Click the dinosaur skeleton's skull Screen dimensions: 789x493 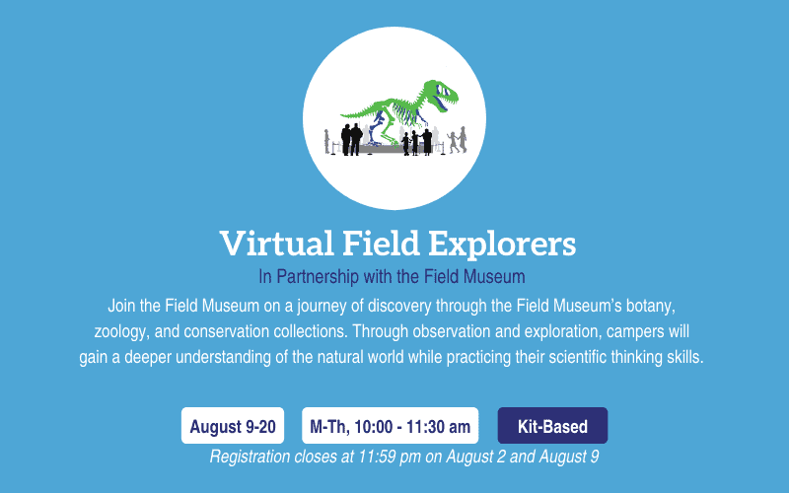(441, 96)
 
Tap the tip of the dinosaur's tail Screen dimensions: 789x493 (341, 114)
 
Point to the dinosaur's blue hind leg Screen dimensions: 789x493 (377, 128)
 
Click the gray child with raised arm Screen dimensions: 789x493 (453, 141)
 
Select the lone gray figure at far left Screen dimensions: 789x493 (327, 141)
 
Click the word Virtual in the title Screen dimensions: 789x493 (276, 243)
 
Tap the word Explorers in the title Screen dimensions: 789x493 (502, 244)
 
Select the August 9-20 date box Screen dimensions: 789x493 (233, 426)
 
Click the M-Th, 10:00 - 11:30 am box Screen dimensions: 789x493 (390, 426)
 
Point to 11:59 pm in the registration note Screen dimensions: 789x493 (390, 457)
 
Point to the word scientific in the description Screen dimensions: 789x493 (577, 357)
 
